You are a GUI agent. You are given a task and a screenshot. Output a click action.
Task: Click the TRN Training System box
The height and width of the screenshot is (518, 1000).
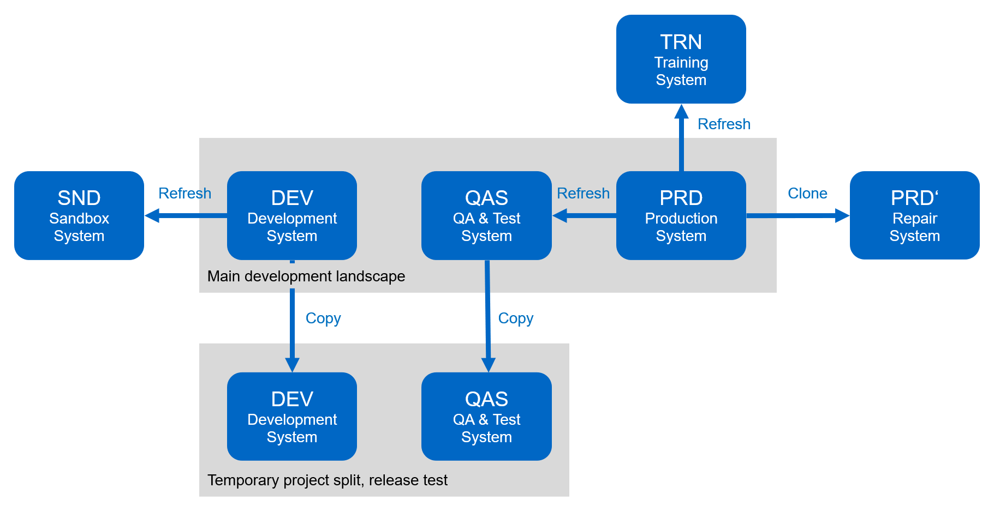[x=681, y=59]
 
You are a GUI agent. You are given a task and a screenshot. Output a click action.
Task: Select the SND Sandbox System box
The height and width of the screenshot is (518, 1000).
[x=79, y=216]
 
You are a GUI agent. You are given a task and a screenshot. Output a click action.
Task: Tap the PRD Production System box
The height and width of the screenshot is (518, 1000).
[x=681, y=216]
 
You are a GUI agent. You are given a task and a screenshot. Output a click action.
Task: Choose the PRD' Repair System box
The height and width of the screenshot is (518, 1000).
[x=914, y=216]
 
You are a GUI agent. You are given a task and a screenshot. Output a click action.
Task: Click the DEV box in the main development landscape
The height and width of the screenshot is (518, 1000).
[x=292, y=216]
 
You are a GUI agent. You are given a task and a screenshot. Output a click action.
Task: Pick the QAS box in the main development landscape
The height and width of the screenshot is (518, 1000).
[x=486, y=216]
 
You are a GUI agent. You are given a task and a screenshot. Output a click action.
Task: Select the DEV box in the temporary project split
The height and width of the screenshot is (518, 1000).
[x=292, y=417]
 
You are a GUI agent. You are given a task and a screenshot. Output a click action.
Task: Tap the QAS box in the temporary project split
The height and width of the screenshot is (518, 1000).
[x=486, y=417]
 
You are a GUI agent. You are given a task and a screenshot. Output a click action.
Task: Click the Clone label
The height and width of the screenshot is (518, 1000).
[x=807, y=194]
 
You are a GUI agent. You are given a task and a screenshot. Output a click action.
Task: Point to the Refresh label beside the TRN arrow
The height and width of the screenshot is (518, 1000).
[x=724, y=124]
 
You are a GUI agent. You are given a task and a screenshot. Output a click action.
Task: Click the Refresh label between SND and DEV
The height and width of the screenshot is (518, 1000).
[x=184, y=194]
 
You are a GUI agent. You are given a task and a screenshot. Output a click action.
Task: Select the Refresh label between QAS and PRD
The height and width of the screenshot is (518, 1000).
[x=583, y=194]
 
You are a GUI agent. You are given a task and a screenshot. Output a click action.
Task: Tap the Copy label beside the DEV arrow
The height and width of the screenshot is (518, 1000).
[x=323, y=318]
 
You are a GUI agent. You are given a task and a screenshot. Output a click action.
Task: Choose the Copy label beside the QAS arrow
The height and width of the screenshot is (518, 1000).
[x=516, y=318]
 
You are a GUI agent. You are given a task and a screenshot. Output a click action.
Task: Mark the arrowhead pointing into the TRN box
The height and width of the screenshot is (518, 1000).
[x=681, y=112]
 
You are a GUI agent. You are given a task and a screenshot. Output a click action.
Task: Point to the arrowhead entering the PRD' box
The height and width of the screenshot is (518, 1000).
[x=842, y=216]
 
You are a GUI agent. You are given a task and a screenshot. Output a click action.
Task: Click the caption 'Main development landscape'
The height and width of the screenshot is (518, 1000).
[x=306, y=276]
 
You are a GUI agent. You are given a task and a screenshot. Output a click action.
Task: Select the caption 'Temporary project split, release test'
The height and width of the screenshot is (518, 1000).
[x=328, y=480]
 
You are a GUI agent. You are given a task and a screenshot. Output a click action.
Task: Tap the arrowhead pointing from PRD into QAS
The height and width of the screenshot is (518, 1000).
[x=560, y=216]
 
